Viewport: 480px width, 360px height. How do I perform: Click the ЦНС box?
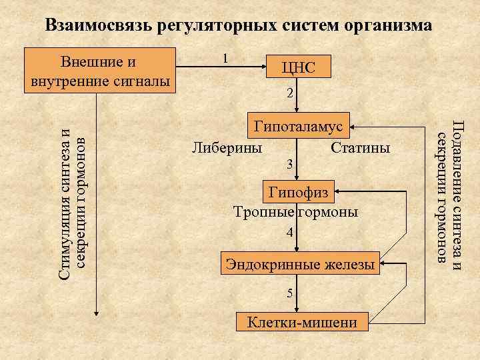click(297, 67)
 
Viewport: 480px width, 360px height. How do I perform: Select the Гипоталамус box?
click(297, 125)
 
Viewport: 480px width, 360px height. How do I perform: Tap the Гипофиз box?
click(297, 193)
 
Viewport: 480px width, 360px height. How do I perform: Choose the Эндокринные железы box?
click(301, 264)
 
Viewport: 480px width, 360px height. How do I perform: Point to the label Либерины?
click(227, 147)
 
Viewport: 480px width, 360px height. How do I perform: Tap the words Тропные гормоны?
click(295, 212)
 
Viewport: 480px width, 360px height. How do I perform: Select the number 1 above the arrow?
click(227, 59)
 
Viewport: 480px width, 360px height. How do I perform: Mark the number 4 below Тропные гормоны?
click(289, 233)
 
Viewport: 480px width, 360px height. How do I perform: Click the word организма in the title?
click(385, 25)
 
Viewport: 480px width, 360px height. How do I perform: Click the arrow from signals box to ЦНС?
click(220, 67)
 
